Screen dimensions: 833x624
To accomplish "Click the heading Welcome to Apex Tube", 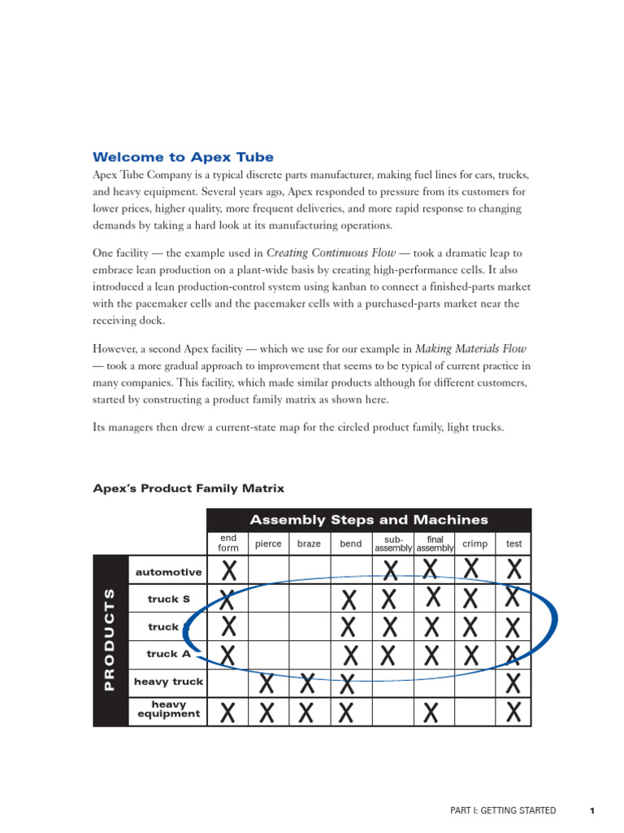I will pyautogui.click(x=183, y=157).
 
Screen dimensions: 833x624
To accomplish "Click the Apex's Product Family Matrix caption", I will pyautogui.click(x=188, y=488).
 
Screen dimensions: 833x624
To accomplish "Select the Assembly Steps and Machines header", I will pyautogui.click(x=369, y=520).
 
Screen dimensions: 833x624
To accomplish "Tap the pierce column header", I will pyautogui.click(x=268, y=543).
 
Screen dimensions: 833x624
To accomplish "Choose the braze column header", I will pyautogui.click(x=309, y=543).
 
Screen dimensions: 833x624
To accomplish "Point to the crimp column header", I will pyautogui.click(x=474, y=543).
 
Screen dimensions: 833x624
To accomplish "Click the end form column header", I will pyautogui.click(x=228, y=543).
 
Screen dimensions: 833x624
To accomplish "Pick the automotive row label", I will pyautogui.click(x=168, y=572).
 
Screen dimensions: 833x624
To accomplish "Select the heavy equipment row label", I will pyautogui.click(x=168, y=709).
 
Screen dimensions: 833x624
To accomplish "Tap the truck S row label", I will pyautogui.click(x=168, y=600).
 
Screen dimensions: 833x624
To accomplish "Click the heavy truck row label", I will pyautogui.click(x=168, y=682).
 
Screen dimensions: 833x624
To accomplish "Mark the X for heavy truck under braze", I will pyautogui.click(x=308, y=683).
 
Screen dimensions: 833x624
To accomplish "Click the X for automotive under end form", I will pyautogui.click(x=229, y=569).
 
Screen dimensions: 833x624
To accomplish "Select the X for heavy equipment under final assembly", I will pyautogui.click(x=432, y=713).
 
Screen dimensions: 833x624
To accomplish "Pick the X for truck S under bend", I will pyautogui.click(x=349, y=600).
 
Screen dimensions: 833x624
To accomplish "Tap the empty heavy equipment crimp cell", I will pyautogui.click(x=474, y=713).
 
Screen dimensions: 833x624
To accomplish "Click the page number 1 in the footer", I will pyautogui.click(x=592, y=810).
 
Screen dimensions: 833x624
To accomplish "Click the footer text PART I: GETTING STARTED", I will pyautogui.click(x=503, y=810).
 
